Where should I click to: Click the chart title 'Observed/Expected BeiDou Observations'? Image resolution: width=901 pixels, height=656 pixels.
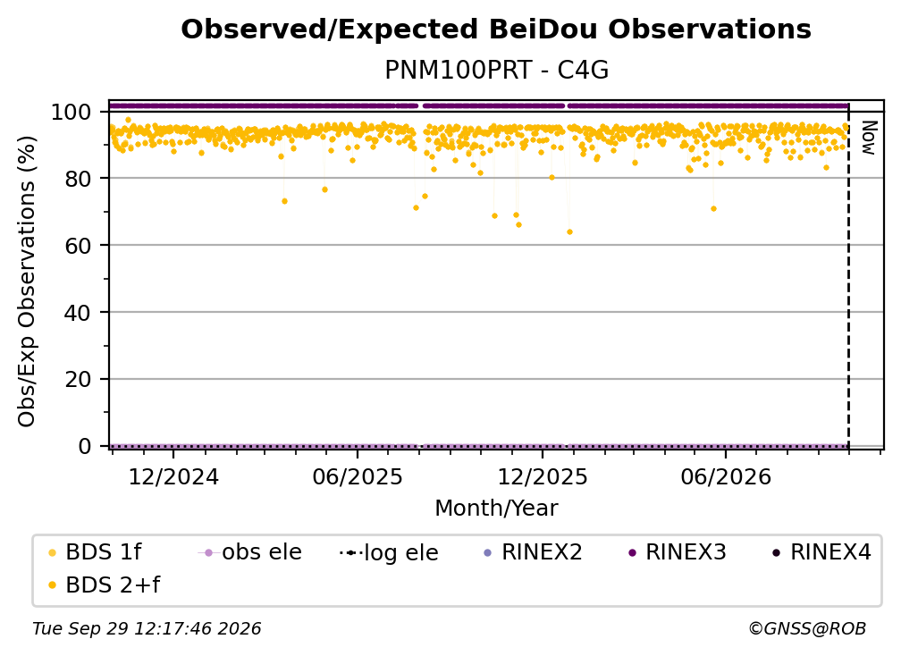point(496,29)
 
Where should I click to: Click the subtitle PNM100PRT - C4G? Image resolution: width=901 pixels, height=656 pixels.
point(496,70)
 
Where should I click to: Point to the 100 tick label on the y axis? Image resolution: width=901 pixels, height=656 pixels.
point(71,112)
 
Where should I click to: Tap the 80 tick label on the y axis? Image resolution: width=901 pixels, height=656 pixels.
point(78,179)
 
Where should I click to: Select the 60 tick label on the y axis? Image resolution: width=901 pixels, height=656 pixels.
point(78,245)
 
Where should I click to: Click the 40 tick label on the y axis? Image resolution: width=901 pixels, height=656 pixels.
point(78,313)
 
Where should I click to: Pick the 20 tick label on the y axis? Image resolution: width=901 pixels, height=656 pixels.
point(78,379)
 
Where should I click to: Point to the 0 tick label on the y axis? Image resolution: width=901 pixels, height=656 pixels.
point(85,446)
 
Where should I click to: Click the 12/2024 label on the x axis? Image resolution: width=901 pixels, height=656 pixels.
point(173,476)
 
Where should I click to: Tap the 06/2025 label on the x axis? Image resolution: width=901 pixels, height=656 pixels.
point(358,476)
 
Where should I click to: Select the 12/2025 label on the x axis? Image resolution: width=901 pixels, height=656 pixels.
point(543,476)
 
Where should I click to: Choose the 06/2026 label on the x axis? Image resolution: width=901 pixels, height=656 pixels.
point(726,476)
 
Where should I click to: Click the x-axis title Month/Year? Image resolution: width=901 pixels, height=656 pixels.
point(496,509)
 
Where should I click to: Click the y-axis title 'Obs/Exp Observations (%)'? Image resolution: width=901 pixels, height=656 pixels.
point(27,282)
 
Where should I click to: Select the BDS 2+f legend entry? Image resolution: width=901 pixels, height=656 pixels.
point(104,585)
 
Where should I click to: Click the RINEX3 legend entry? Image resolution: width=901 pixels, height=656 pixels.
point(678,552)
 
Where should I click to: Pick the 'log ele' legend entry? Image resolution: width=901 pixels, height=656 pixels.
point(389,552)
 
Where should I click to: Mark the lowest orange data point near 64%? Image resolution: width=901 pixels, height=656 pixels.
point(569,232)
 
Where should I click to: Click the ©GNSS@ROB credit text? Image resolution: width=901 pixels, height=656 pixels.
point(807,628)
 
